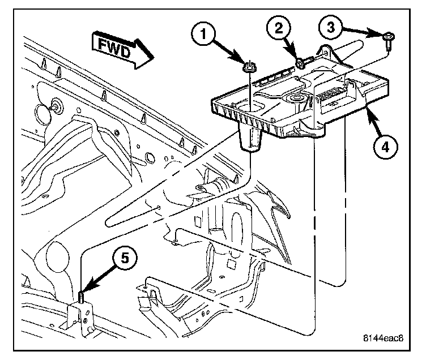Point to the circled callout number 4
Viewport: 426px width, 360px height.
383,146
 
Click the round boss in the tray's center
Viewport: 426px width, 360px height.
296,100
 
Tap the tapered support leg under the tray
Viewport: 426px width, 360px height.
250,139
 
